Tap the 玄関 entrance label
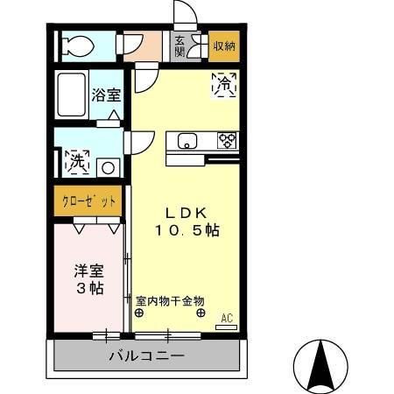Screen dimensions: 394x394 [179, 46]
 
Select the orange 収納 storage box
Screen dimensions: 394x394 [224, 46]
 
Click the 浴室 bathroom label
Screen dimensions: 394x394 [107, 95]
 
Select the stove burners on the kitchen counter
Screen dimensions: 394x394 [227, 140]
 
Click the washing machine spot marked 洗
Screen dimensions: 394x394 [76, 162]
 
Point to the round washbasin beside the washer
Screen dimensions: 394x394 [108, 166]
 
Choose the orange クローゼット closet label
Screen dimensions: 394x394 [88, 201]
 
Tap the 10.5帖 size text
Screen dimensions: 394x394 [186, 229]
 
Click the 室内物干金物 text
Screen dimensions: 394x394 [169, 299]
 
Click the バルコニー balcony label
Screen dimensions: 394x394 [146, 356]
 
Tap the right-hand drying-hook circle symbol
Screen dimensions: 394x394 [201, 313]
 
